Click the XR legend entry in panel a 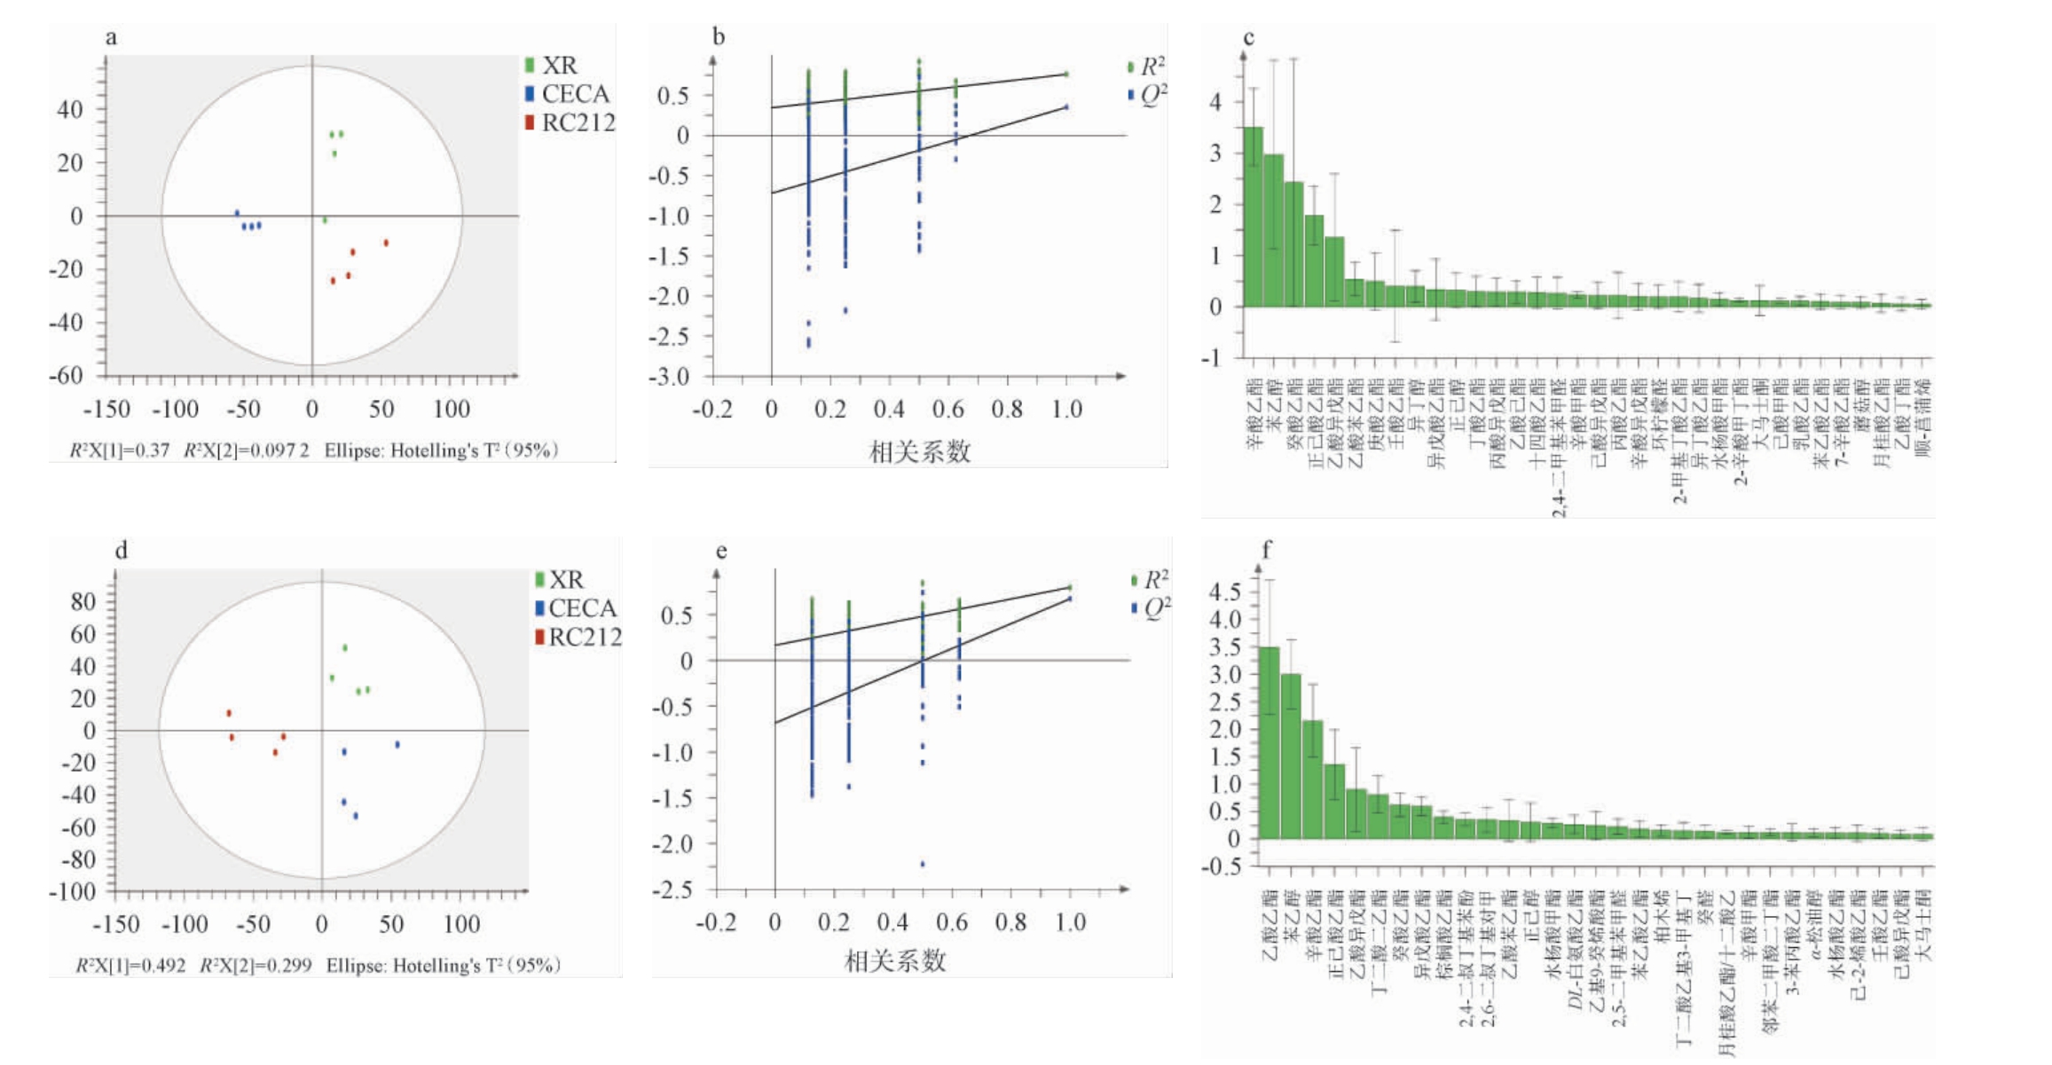(551, 66)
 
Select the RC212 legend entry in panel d (578, 637)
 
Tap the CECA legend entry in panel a (567, 94)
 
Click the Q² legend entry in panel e (1152, 608)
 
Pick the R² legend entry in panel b (1146, 67)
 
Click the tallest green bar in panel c (1253, 217)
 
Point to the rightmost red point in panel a (386, 243)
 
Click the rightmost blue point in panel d (397, 745)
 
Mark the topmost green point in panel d (345, 648)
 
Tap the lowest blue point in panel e (923, 864)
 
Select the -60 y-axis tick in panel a (66, 375)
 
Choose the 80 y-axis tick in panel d (83, 602)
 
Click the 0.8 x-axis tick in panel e (1010, 923)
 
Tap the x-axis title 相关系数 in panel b (920, 452)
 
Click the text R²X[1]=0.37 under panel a (120, 450)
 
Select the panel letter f (1266, 551)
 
